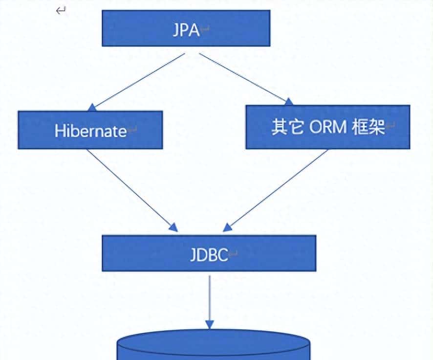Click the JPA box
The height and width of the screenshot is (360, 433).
[x=186, y=28]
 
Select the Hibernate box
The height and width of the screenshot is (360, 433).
[x=90, y=130]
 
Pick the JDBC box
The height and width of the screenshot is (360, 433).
[x=209, y=253]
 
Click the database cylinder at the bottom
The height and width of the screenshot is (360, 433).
[x=214, y=348]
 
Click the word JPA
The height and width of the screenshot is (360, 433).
[x=186, y=30]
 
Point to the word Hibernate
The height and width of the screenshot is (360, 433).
[x=91, y=131]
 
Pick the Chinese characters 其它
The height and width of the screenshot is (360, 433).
[x=288, y=128]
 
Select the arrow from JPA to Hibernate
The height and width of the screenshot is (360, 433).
[x=139, y=80]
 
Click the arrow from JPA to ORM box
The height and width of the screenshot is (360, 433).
[x=244, y=77]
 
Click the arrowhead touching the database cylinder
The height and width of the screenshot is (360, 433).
[x=210, y=324]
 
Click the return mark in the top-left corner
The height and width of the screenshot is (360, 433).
[x=61, y=11]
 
